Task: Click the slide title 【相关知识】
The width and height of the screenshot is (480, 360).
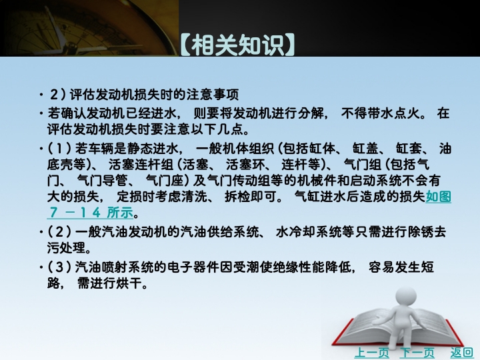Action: point(237,45)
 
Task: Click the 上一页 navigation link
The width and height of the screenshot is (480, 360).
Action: point(371,353)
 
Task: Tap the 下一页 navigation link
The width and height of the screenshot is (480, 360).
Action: point(417,353)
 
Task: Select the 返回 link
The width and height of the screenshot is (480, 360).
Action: point(461,353)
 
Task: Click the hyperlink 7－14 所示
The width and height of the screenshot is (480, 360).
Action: point(91,212)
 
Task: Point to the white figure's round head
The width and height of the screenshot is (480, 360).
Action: point(406,296)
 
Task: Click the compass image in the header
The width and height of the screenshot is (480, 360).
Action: point(89,28)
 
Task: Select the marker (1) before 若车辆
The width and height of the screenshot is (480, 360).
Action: point(59,149)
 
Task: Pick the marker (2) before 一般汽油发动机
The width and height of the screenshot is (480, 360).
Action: point(59,231)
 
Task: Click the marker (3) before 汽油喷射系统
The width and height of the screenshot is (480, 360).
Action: point(59,267)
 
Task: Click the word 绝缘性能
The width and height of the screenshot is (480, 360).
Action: point(311,267)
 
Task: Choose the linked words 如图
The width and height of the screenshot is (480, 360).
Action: point(439,197)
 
